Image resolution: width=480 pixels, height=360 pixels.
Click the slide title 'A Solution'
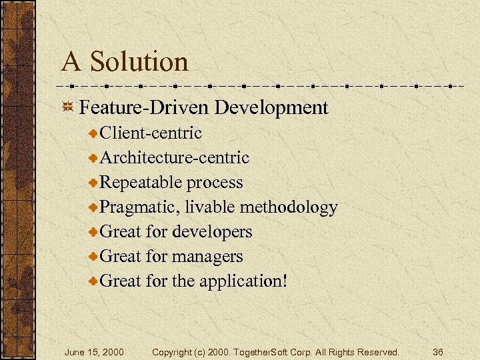(x=125, y=62)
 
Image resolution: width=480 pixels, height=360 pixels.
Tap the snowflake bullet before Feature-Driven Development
(x=67, y=107)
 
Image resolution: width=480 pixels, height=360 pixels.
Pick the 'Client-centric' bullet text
(x=151, y=133)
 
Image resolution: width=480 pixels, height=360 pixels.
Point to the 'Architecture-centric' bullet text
(x=174, y=158)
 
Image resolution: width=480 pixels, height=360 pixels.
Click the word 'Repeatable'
(x=141, y=183)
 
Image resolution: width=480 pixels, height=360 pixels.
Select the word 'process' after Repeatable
(x=215, y=183)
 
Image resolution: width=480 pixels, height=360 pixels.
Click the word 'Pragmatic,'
(x=140, y=207)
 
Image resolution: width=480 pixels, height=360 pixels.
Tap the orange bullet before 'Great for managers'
(x=94, y=257)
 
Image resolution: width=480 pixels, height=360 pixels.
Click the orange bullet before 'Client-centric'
(x=94, y=133)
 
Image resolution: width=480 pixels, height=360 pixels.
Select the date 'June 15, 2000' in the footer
(x=93, y=351)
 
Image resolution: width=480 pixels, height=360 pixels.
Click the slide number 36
(x=437, y=351)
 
